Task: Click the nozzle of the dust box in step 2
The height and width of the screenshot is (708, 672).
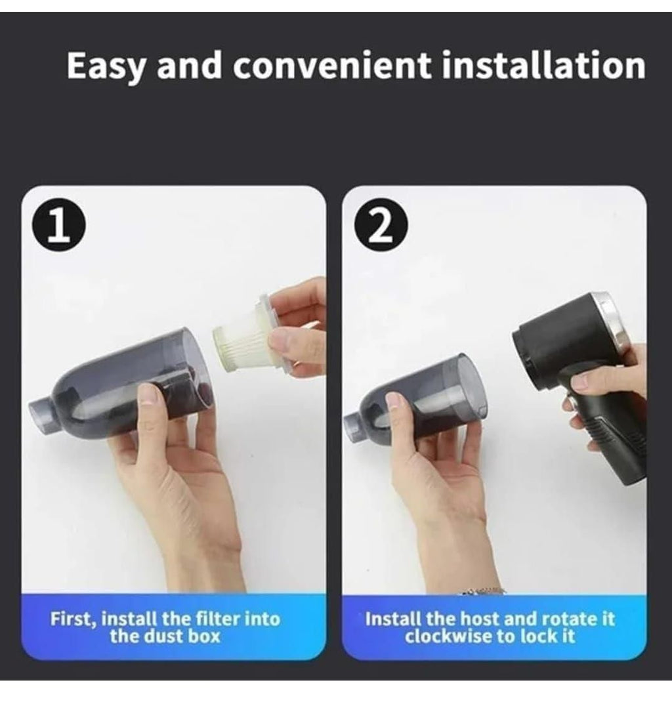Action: pos(355,427)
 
